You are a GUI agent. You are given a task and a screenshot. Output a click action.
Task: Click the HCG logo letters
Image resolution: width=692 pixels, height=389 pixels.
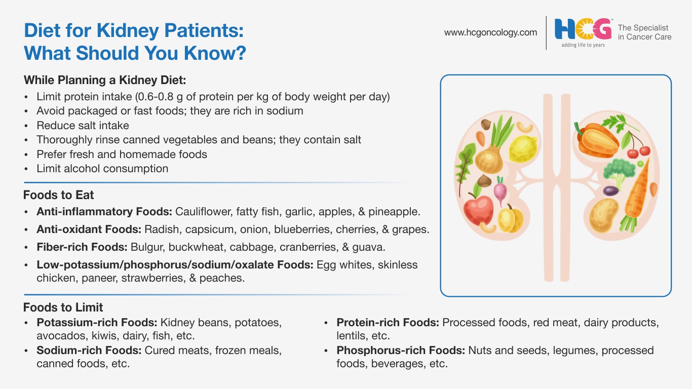pos(583,29)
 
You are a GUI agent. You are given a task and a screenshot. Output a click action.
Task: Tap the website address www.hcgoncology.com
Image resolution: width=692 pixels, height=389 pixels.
pos(490,32)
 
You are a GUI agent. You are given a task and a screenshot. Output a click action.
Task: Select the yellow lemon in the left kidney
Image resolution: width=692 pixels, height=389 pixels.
pos(523,148)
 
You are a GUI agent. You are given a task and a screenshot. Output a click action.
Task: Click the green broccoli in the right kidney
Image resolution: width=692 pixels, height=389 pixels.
pos(619,172)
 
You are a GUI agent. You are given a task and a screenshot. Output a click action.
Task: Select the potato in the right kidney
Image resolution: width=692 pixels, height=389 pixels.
pos(604,215)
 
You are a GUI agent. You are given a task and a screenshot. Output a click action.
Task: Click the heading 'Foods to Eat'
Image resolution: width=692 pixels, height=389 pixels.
pos(58,195)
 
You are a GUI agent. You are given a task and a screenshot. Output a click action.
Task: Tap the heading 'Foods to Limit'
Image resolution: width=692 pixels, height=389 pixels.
pos(63,307)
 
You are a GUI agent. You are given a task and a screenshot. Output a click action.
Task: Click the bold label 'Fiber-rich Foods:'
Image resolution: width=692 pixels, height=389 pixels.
pos(82,247)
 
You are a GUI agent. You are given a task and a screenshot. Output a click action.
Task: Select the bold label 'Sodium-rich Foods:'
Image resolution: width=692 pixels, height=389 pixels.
pos(89,351)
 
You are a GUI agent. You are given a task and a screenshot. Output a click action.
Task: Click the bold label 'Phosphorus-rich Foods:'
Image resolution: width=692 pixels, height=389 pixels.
pos(401,351)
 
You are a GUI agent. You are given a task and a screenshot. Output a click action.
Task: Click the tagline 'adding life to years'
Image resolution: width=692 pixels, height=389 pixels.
pos(583,45)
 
